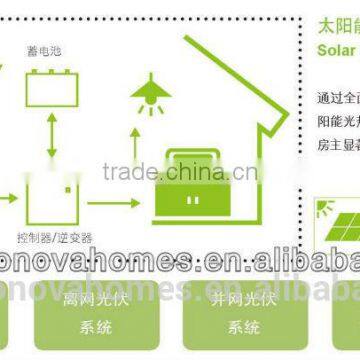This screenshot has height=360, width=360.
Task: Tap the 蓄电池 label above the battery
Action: click(48, 47)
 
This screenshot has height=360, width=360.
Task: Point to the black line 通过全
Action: click(336, 98)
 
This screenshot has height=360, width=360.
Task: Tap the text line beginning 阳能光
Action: click(336, 122)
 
